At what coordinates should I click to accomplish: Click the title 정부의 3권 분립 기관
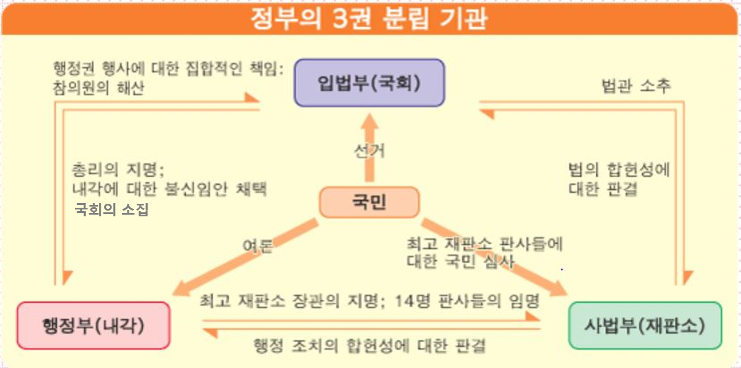369,18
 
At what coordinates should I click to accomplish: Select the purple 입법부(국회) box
369,83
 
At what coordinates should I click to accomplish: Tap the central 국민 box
369,202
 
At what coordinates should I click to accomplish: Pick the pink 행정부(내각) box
93,326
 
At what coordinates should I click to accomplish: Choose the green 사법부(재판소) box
645,326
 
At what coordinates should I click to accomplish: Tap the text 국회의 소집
112,209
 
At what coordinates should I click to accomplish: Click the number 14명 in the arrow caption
415,301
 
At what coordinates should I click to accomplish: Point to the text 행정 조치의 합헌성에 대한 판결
370,345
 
